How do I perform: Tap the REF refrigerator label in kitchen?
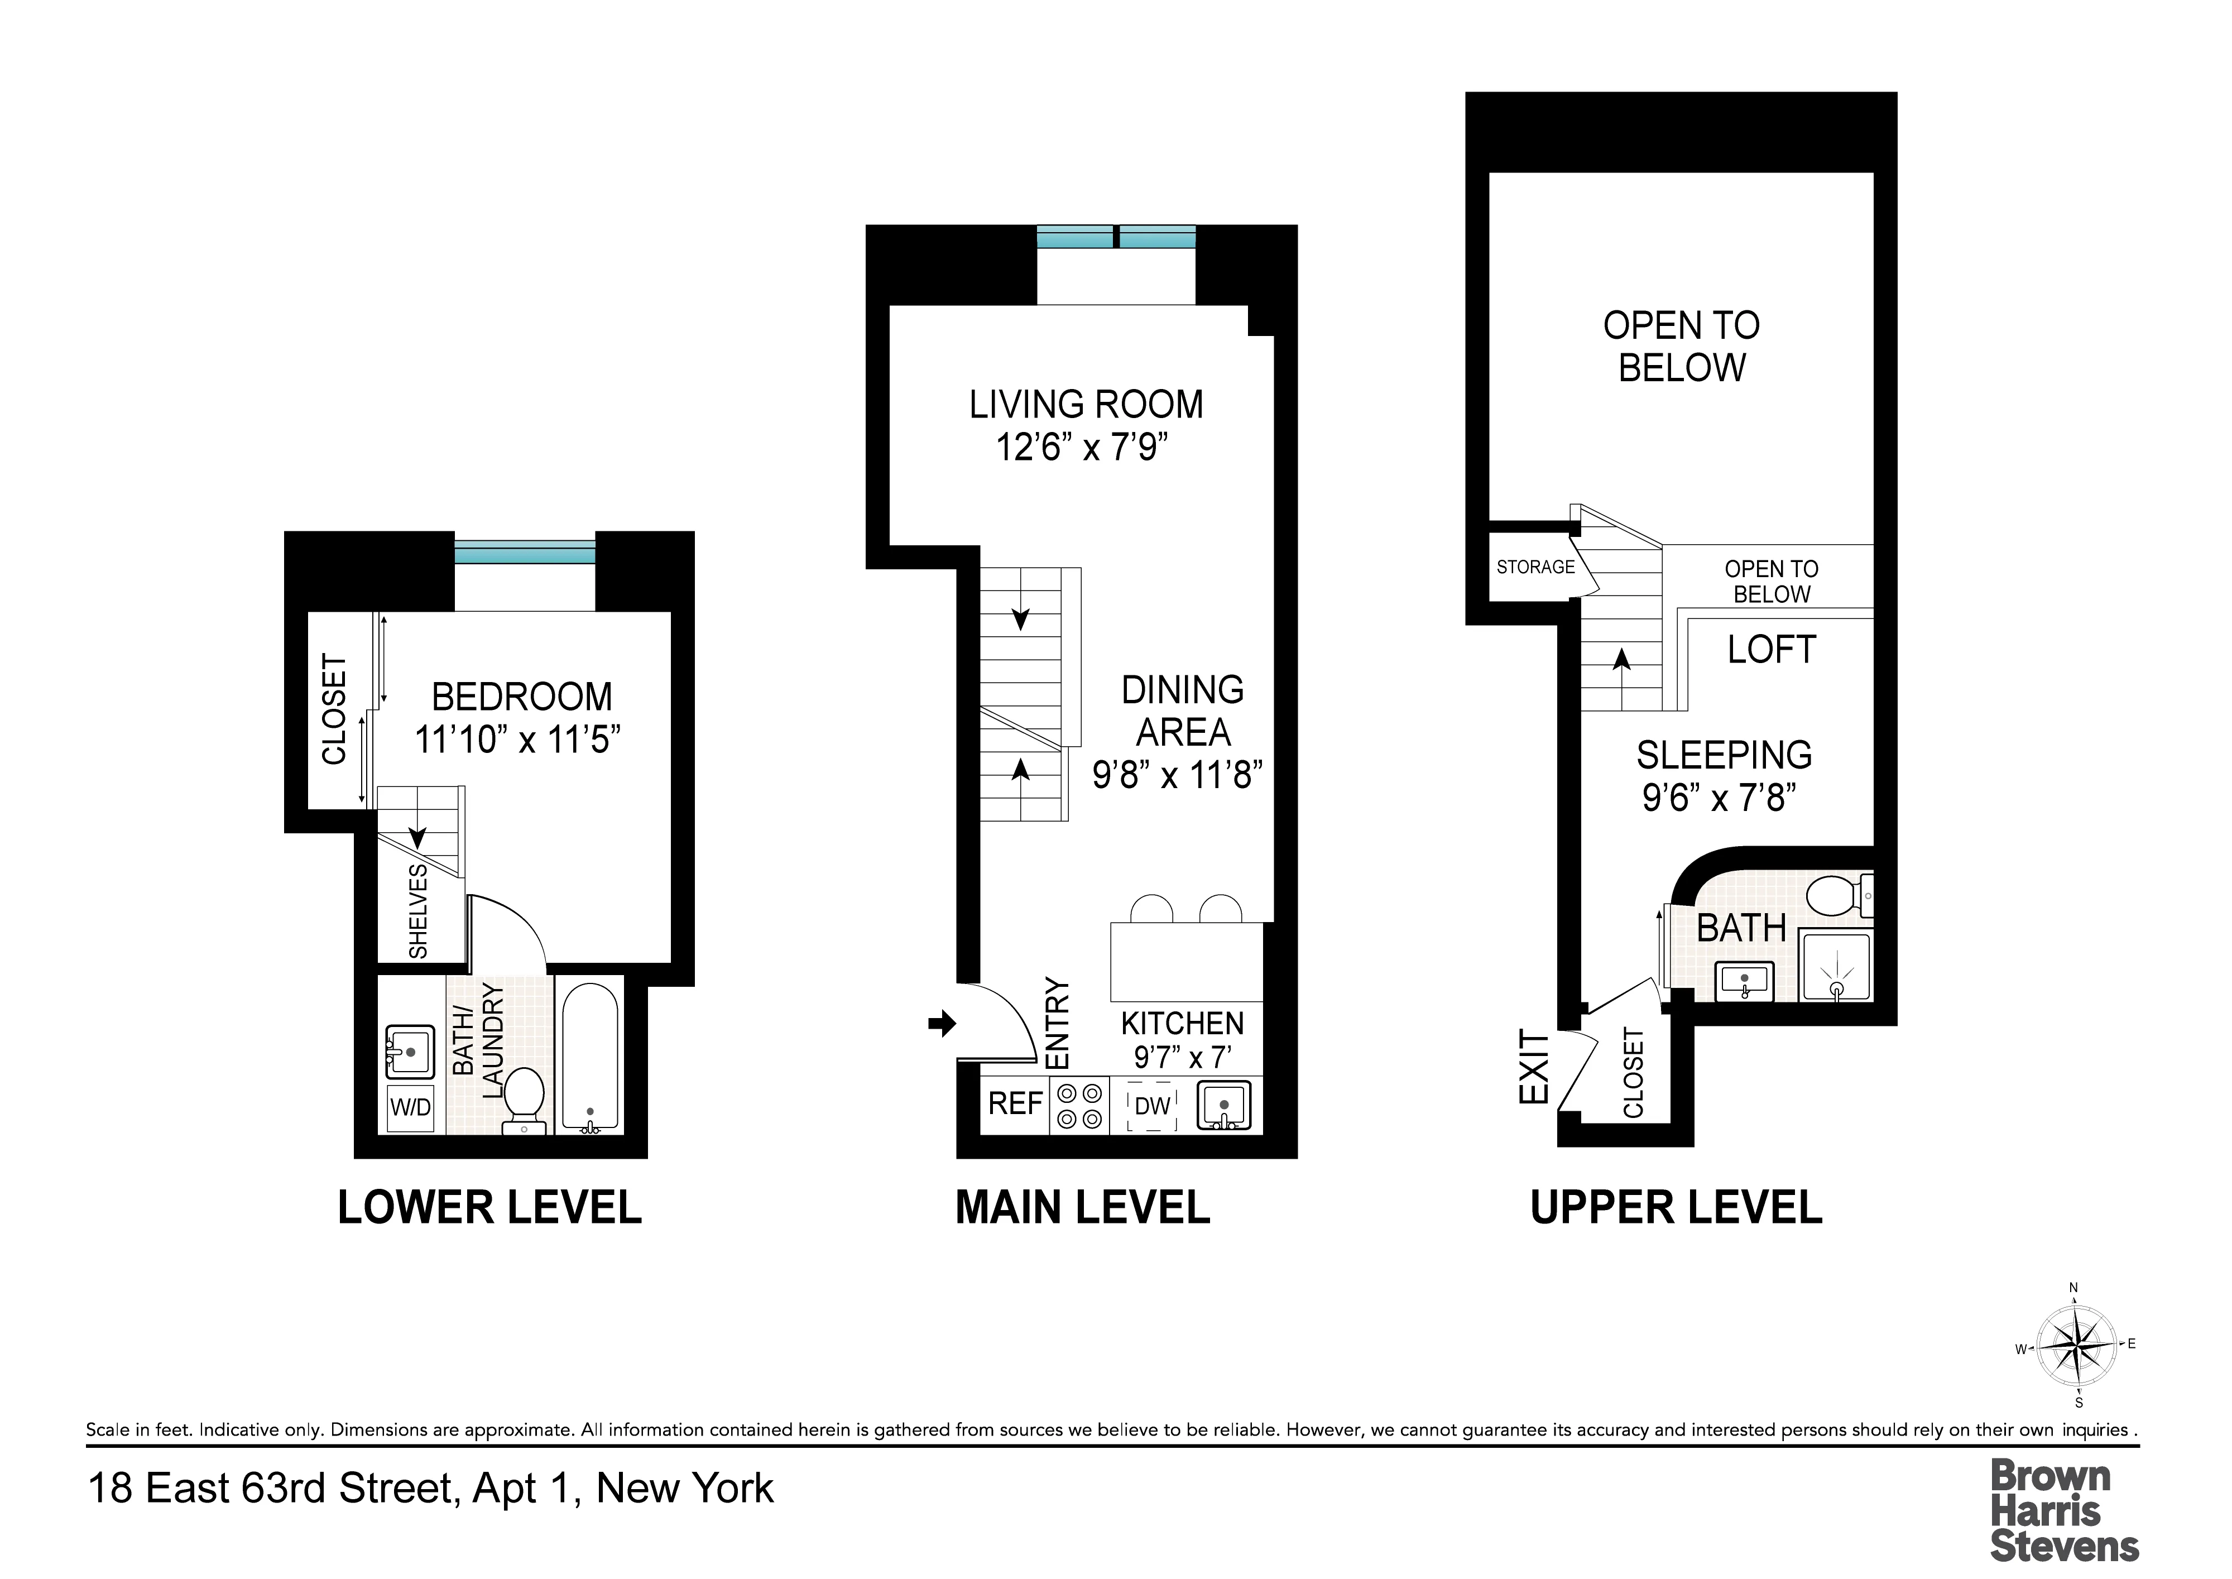click(1015, 1103)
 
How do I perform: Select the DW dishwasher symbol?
click(1153, 1106)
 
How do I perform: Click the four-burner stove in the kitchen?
click(1079, 1106)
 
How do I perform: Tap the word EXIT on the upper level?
click(1533, 1068)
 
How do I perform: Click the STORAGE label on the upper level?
click(1535, 567)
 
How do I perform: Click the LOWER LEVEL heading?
click(489, 1208)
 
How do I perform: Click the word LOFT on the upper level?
click(1771, 650)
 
